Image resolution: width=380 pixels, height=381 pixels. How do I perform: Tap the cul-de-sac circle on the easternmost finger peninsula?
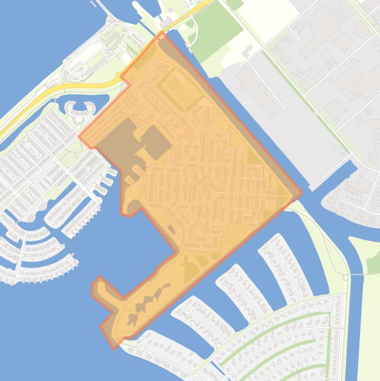pyautogui.click(x=273, y=249)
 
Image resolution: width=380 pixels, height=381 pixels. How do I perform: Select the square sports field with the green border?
pyautogui.click(x=172, y=84)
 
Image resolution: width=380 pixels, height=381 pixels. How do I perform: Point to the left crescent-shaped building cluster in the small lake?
pyautogui.click(x=71, y=106)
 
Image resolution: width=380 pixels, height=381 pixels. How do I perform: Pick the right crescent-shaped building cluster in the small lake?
pyautogui.click(x=89, y=106)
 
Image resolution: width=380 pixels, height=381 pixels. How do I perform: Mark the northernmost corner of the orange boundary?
pyautogui.click(x=162, y=32)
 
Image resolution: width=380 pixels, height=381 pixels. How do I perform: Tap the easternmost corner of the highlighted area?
pyautogui.click(x=301, y=193)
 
